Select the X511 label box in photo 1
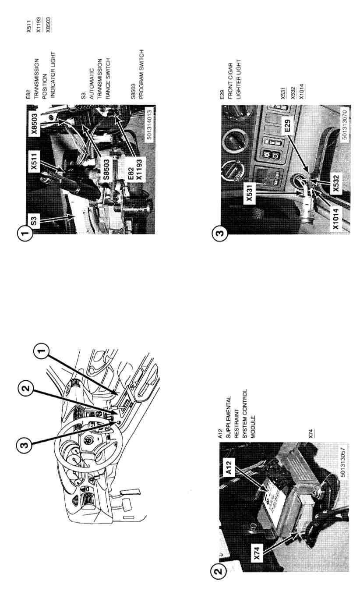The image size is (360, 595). click(34, 161)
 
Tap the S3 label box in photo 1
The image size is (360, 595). click(34, 221)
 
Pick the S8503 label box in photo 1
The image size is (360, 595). click(106, 169)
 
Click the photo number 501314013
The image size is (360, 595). click(149, 124)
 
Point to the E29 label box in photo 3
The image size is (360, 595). click(287, 126)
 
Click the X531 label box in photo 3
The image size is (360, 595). click(249, 193)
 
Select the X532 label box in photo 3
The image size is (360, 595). click(336, 183)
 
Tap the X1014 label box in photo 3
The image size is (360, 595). click(336, 219)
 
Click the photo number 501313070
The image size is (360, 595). click(344, 124)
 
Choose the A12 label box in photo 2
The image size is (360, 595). click(229, 467)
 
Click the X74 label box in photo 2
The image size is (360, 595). click(257, 553)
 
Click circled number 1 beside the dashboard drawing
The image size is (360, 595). click(41, 351)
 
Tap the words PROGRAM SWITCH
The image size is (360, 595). click(141, 74)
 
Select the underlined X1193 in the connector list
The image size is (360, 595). click(39, 25)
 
